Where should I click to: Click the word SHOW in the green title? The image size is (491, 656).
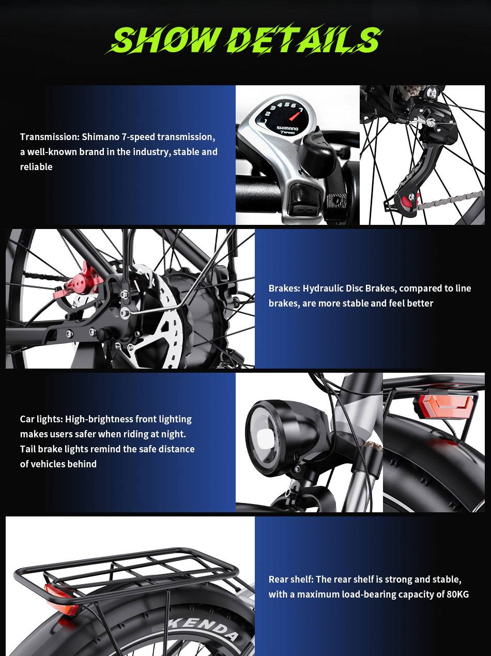(164, 39)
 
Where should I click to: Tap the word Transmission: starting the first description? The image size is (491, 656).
(50, 137)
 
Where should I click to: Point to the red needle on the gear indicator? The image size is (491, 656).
(296, 115)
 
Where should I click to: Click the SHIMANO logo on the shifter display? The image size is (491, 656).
(287, 128)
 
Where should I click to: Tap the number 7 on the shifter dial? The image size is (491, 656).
(301, 110)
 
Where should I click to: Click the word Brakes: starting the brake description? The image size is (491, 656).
(284, 288)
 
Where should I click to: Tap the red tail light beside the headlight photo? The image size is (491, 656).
(444, 406)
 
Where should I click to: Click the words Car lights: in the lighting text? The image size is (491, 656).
(41, 419)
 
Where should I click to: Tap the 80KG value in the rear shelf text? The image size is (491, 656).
(457, 594)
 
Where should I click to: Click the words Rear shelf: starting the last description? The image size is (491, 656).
(291, 579)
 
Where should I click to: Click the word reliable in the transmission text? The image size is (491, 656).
(36, 167)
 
